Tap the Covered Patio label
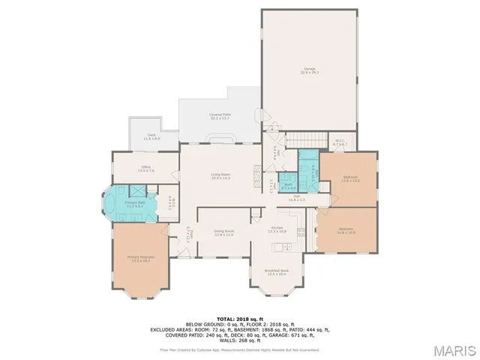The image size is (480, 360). click(x=220, y=116)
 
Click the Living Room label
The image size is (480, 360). click(x=220, y=176)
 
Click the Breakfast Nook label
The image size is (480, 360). click(x=275, y=272)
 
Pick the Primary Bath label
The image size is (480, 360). click(x=136, y=203)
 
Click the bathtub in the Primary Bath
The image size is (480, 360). click(x=113, y=203)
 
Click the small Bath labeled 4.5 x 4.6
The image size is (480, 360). click(x=289, y=186)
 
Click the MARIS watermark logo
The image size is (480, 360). click(x=452, y=349)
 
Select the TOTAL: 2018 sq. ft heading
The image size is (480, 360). click(x=240, y=318)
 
